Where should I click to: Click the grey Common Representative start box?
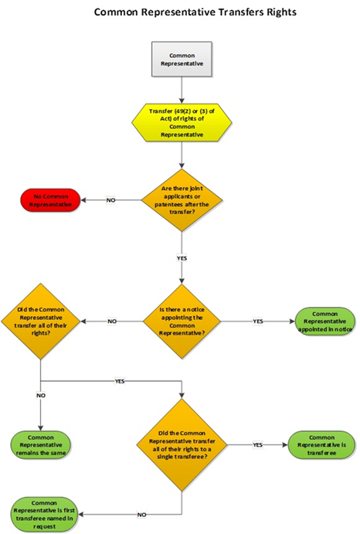(x=182, y=60)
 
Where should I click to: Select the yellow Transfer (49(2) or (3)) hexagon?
(x=182, y=123)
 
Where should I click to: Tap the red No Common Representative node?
(x=49, y=200)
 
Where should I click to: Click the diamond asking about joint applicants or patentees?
(x=182, y=200)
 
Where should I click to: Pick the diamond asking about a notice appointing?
(x=182, y=320)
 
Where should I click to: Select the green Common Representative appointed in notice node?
(x=324, y=320)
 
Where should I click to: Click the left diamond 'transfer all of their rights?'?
(x=40, y=320)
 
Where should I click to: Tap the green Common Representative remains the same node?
(x=40, y=445)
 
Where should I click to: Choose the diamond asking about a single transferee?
(x=182, y=445)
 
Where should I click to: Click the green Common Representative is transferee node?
(x=321, y=444)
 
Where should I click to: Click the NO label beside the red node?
(x=110, y=200)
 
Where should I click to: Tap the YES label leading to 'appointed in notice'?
(x=258, y=320)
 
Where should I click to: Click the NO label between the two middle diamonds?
(x=112, y=320)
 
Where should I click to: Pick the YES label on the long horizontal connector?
(x=120, y=381)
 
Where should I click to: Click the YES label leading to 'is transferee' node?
(x=257, y=444)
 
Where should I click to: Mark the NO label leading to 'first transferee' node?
(x=141, y=513)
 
